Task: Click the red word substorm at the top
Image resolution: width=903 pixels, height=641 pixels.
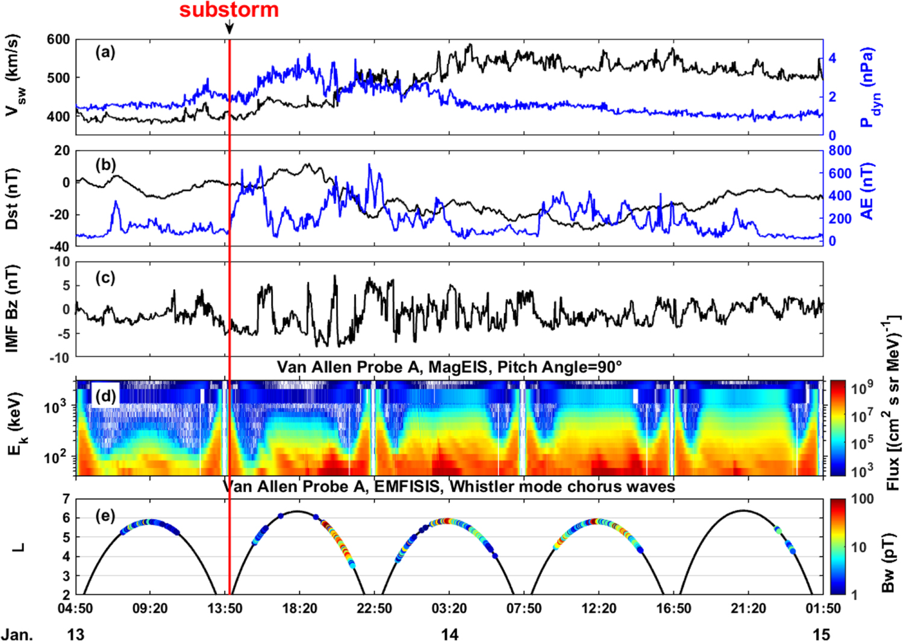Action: coord(229,10)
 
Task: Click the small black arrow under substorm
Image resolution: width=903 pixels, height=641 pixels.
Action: coord(230,27)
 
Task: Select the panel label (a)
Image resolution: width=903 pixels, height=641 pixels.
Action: coord(105,52)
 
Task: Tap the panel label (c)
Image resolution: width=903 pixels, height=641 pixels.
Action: coord(105,278)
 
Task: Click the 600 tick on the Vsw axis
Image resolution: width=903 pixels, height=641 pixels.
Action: coord(58,40)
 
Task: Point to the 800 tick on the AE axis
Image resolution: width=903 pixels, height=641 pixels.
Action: coord(840,151)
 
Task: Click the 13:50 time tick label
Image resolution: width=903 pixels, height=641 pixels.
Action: coord(225,608)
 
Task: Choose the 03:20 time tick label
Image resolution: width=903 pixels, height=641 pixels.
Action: coord(449,608)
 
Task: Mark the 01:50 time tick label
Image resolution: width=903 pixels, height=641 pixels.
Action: coord(823,608)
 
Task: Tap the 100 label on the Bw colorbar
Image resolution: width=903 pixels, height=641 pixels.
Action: coord(863,499)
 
